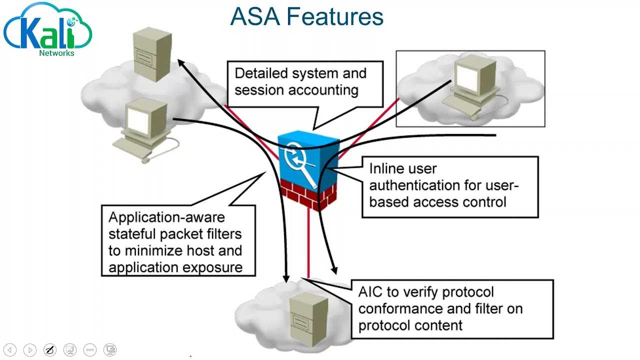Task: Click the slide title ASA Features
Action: [306, 16]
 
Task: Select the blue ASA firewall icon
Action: [306, 157]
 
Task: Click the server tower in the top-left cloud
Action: [152, 54]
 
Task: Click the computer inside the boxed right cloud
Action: [472, 85]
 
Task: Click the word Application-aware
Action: [166, 217]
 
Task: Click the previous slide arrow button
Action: [10, 350]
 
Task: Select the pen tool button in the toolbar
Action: [49, 350]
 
